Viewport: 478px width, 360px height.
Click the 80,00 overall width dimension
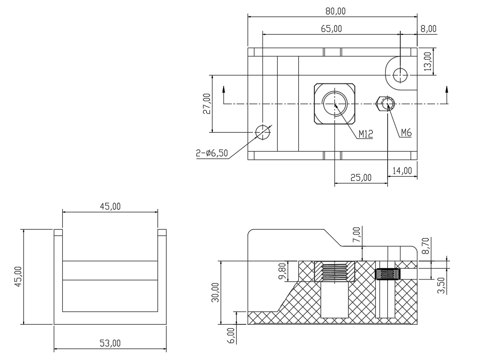point(336,11)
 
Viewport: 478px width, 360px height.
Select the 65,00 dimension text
point(331,29)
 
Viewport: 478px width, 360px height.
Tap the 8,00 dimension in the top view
point(429,29)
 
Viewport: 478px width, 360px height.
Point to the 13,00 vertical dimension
point(428,61)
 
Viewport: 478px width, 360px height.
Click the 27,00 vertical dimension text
point(207,104)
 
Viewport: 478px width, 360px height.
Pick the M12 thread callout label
point(366,134)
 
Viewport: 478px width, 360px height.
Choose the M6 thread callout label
point(406,133)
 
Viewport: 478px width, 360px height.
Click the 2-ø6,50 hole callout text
point(212,153)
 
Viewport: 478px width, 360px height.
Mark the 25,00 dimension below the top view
point(361,178)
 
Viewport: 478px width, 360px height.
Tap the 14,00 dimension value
point(402,171)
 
